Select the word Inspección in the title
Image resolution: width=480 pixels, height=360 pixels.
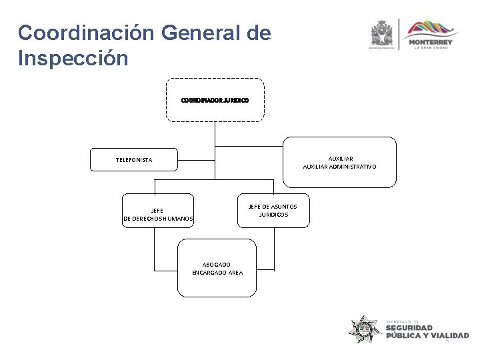73,59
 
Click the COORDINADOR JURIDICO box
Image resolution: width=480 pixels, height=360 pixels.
215,100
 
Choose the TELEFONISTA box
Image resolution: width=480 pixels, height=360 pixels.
134,160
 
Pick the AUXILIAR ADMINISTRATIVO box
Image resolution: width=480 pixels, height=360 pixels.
339,162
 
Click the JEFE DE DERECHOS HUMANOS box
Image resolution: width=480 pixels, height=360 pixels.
158,211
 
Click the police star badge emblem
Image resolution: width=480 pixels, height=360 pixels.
365,329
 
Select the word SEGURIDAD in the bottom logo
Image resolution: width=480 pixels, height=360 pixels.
409,328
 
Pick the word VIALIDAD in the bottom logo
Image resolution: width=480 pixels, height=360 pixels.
449,336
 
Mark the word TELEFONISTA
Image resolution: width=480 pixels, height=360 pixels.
134,160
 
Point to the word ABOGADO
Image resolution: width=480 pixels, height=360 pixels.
217,265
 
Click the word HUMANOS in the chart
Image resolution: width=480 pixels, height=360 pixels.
176,219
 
